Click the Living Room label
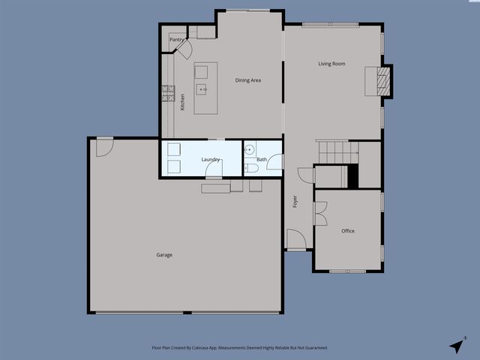click(331, 64)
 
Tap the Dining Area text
click(247, 80)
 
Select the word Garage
click(164, 255)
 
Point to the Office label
click(348, 231)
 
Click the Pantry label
click(177, 40)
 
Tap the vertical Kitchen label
click(182, 102)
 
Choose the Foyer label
click(295, 201)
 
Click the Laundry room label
click(210, 159)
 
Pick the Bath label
click(262, 159)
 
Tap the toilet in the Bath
click(251, 169)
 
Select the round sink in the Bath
click(250, 148)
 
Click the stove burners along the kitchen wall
click(166, 93)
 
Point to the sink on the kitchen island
click(202, 89)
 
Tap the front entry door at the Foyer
click(295, 240)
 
